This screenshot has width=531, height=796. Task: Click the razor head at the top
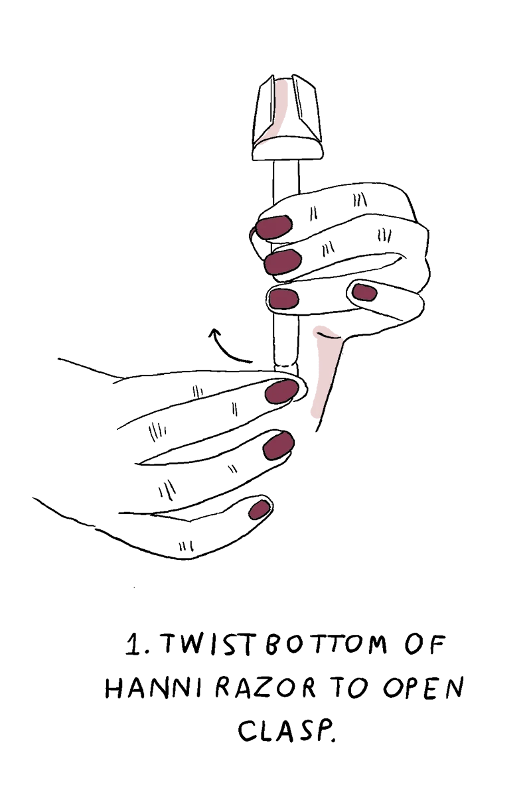(x=287, y=118)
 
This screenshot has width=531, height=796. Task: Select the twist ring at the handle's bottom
(x=286, y=365)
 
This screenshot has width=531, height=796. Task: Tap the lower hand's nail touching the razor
(x=281, y=391)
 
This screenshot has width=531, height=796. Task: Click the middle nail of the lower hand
(x=279, y=446)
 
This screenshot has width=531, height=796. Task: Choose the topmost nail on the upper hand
(x=273, y=227)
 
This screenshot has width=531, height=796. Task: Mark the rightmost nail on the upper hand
(x=364, y=292)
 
